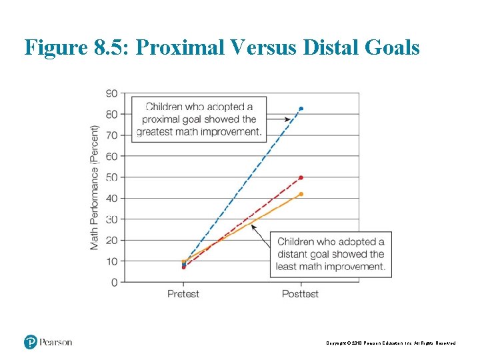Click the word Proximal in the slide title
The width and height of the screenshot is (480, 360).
click(x=181, y=47)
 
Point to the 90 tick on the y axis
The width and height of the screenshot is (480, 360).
click(x=112, y=93)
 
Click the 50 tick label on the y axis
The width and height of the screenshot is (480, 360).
click(x=112, y=177)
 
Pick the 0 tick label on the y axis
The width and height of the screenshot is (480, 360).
click(x=114, y=282)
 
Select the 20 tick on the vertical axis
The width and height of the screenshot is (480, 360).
click(x=112, y=240)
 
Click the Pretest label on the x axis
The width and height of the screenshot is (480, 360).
click(x=183, y=294)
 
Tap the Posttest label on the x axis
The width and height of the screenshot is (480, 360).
click(x=301, y=294)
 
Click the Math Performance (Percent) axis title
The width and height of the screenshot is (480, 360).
click(x=95, y=187)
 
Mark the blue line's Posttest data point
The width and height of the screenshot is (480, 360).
click(x=301, y=108)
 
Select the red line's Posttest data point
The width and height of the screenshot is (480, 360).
click(x=301, y=177)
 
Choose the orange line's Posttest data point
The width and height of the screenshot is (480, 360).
click(x=301, y=194)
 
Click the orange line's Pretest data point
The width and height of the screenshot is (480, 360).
click(x=183, y=262)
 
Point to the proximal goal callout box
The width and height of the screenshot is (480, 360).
click(x=199, y=119)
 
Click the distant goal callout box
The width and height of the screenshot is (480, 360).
click(x=331, y=254)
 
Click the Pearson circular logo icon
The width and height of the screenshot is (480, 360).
click(x=31, y=342)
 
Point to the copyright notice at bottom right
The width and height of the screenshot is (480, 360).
click(x=391, y=343)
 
